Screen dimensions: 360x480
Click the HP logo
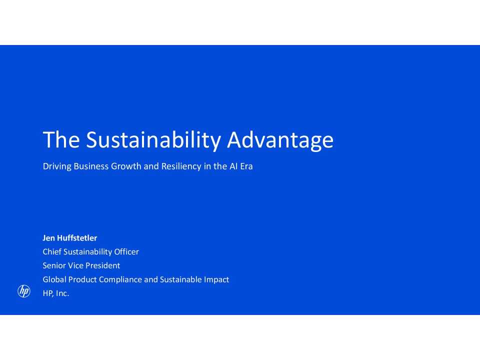(x=24, y=291)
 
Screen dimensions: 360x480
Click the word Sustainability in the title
(x=153, y=140)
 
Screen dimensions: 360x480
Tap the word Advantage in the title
(x=280, y=140)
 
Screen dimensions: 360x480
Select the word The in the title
(x=61, y=140)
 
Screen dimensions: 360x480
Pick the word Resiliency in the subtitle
(x=181, y=166)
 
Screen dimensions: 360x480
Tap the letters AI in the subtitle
(x=233, y=166)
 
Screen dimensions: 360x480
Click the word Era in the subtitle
(x=246, y=166)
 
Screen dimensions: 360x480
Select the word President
(x=102, y=265)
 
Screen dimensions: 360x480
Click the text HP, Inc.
(x=56, y=293)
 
